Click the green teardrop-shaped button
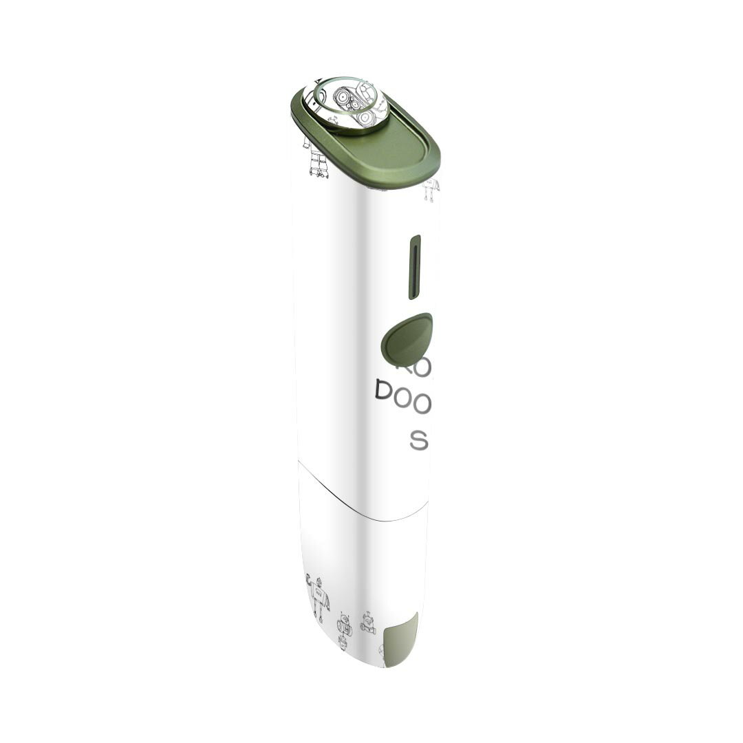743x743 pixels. pyautogui.click(x=407, y=339)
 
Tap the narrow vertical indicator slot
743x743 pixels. pyautogui.click(x=415, y=267)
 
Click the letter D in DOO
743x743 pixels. pyautogui.click(x=383, y=392)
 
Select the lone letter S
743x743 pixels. pyautogui.click(x=418, y=440)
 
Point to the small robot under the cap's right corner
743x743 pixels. pyautogui.click(x=431, y=189)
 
